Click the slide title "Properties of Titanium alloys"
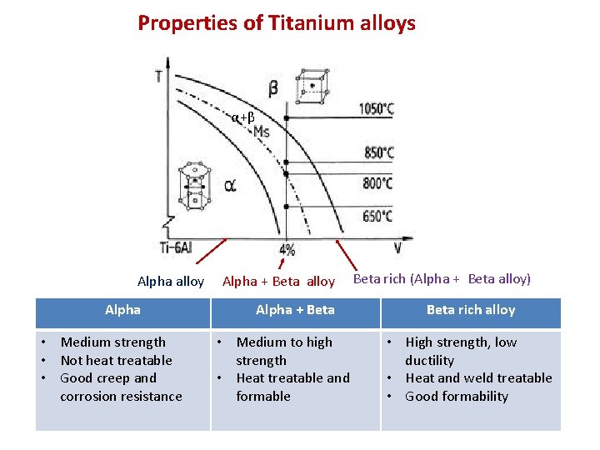coord(277,23)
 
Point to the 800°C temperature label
coord(378,183)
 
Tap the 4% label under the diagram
coord(287,249)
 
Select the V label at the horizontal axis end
coord(397,248)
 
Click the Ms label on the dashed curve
coord(261,132)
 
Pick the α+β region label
coord(242,117)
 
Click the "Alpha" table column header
coord(122,310)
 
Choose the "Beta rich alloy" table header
coord(471,310)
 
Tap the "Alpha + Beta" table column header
coord(295,310)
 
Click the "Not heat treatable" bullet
coord(116,360)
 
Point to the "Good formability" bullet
coord(456,396)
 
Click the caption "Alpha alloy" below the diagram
coord(170,282)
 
